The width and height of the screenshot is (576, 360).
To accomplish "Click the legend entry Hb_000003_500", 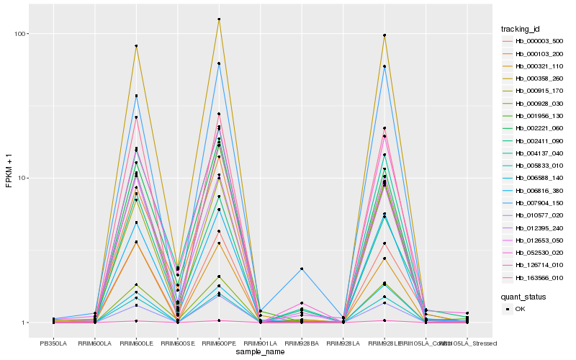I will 539,41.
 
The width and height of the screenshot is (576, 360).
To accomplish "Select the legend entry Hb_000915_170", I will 539,91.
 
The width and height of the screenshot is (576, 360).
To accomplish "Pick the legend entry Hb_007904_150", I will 539,203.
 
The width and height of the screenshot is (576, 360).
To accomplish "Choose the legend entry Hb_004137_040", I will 539,153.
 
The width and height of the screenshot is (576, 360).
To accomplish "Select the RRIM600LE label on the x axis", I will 136,343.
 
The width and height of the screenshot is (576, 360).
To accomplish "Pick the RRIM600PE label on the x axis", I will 219,343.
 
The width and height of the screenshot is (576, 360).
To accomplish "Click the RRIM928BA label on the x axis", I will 302,343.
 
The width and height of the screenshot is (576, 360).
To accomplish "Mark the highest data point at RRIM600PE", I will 219,19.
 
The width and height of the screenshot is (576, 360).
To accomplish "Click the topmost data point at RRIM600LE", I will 136,46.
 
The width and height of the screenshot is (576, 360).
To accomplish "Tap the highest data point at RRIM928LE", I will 384,35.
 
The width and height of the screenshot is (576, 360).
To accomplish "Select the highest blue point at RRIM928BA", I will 302,269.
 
